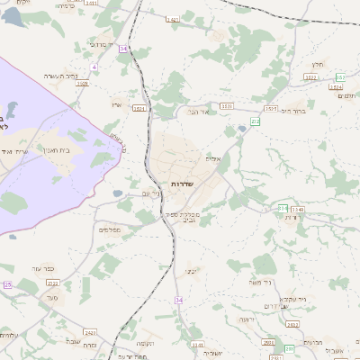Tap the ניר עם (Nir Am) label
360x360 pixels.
[151, 193]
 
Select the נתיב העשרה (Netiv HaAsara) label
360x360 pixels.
[86, 76]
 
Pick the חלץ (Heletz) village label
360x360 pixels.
[317, 65]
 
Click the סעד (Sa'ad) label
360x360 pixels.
[51, 296]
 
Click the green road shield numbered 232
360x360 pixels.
[256, 120]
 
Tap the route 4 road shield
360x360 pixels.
[94, 67]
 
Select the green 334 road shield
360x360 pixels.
[283, 209]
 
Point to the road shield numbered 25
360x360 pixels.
[7, 284]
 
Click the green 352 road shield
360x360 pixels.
[340, 76]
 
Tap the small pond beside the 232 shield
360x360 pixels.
[242, 130]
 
